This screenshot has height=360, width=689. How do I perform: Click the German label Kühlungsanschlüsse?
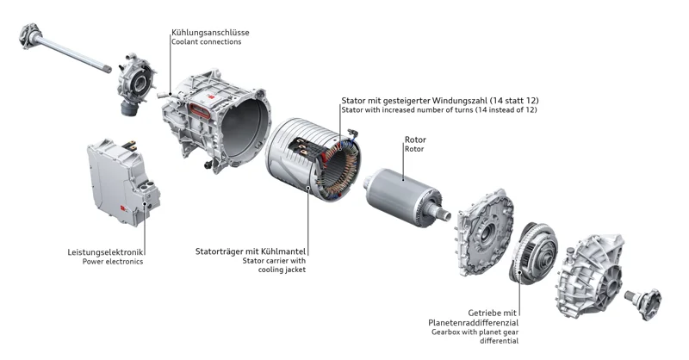[x=210, y=33]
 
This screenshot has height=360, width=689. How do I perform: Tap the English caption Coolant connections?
[x=207, y=43]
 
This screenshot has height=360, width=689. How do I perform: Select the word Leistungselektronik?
[x=105, y=251]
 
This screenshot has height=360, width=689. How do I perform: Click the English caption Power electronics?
[x=113, y=262]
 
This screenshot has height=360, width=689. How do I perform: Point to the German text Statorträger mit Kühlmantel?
[x=251, y=251]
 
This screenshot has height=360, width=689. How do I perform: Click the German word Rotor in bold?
[x=415, y=140]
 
